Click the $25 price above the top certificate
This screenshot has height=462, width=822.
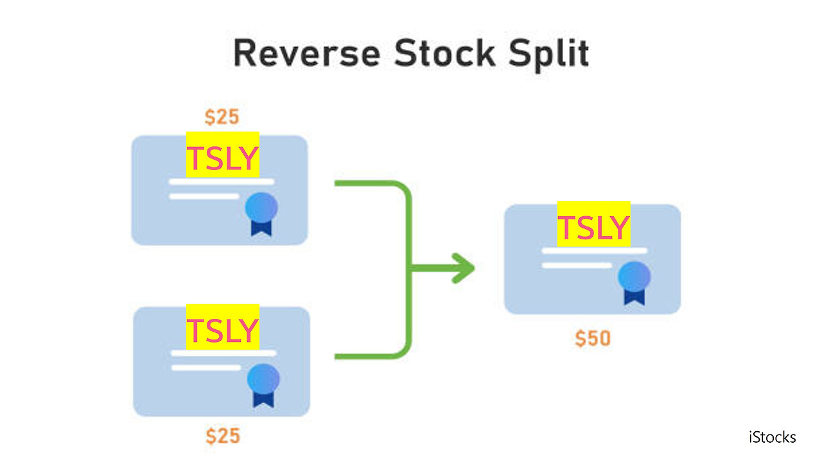(222, 117)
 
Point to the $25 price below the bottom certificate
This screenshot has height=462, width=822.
(223, 436)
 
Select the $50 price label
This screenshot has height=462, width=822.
(592, 338)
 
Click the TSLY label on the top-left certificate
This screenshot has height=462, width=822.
(222, 158)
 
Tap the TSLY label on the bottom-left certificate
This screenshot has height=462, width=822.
(222, 330)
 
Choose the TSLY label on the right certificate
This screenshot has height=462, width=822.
(593, 228)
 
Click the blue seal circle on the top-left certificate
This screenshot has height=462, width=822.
(261, 207)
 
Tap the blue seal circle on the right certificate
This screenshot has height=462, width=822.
(634, 277)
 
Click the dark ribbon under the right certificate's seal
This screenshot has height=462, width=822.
(634, 296)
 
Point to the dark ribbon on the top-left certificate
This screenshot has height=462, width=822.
(261, 227)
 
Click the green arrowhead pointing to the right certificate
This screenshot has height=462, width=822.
(462, 268)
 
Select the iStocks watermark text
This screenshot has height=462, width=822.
(772, 438)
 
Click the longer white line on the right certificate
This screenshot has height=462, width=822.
(595, 251)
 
